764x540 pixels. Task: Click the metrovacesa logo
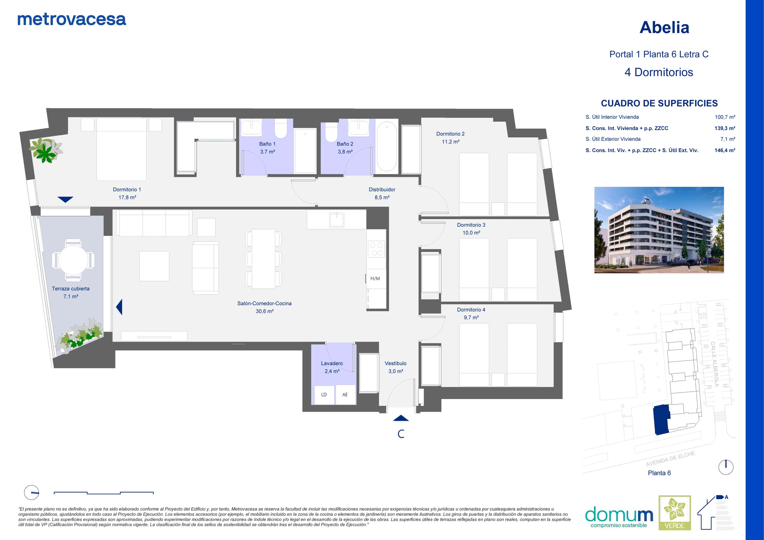(x=72, y=20)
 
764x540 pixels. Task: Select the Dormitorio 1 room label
(x=127, y=193)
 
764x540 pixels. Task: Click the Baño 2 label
(x=345, y=148)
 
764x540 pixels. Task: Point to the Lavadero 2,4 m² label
(x=332, y=367)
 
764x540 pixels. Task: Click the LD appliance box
(x=324, y=395)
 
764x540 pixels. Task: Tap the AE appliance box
(x=345, y=395)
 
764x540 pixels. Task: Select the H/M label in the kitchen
(x=375, y=278)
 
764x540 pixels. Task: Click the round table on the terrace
(x=73, y=260)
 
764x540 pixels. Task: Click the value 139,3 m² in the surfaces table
(x=725, y=128)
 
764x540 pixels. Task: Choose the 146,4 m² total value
(x=725, y=150)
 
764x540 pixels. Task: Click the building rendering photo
(x=659, y=230)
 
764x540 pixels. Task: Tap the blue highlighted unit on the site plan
(x=661, y=420)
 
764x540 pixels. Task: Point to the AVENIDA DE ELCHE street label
(x=671, y=459)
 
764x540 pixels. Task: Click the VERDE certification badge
(x=675, y=513)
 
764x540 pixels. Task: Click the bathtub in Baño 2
(x=387, y=146)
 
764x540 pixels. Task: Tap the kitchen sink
(x=336, y=220)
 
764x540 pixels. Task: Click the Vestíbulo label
(x=396, y=367)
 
